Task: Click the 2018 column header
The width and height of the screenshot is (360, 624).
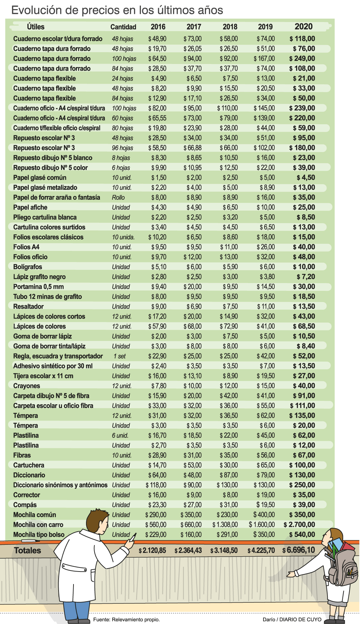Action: [230, 27]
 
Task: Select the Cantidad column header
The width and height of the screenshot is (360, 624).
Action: [123, 27]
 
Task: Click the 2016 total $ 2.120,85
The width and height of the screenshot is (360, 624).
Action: [152, 550]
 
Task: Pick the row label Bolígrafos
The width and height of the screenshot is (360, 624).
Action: [28, 267]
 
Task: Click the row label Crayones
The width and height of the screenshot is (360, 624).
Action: [27, 386]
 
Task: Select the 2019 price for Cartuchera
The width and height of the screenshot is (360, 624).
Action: [266, 465]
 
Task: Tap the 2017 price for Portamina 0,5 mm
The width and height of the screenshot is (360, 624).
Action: [192, 286]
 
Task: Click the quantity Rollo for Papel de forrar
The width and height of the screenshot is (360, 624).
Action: [118, 197]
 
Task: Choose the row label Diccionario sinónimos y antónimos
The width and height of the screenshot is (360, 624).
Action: [60, 485]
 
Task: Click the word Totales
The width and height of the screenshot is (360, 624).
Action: [27, 551]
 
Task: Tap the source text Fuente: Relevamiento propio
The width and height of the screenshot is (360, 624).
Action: [126, 619]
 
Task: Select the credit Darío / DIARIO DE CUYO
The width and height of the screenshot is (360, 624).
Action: [292, 619]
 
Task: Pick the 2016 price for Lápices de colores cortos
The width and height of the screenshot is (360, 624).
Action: [157, 316]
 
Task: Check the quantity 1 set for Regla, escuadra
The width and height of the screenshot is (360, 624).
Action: [120, 356]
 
